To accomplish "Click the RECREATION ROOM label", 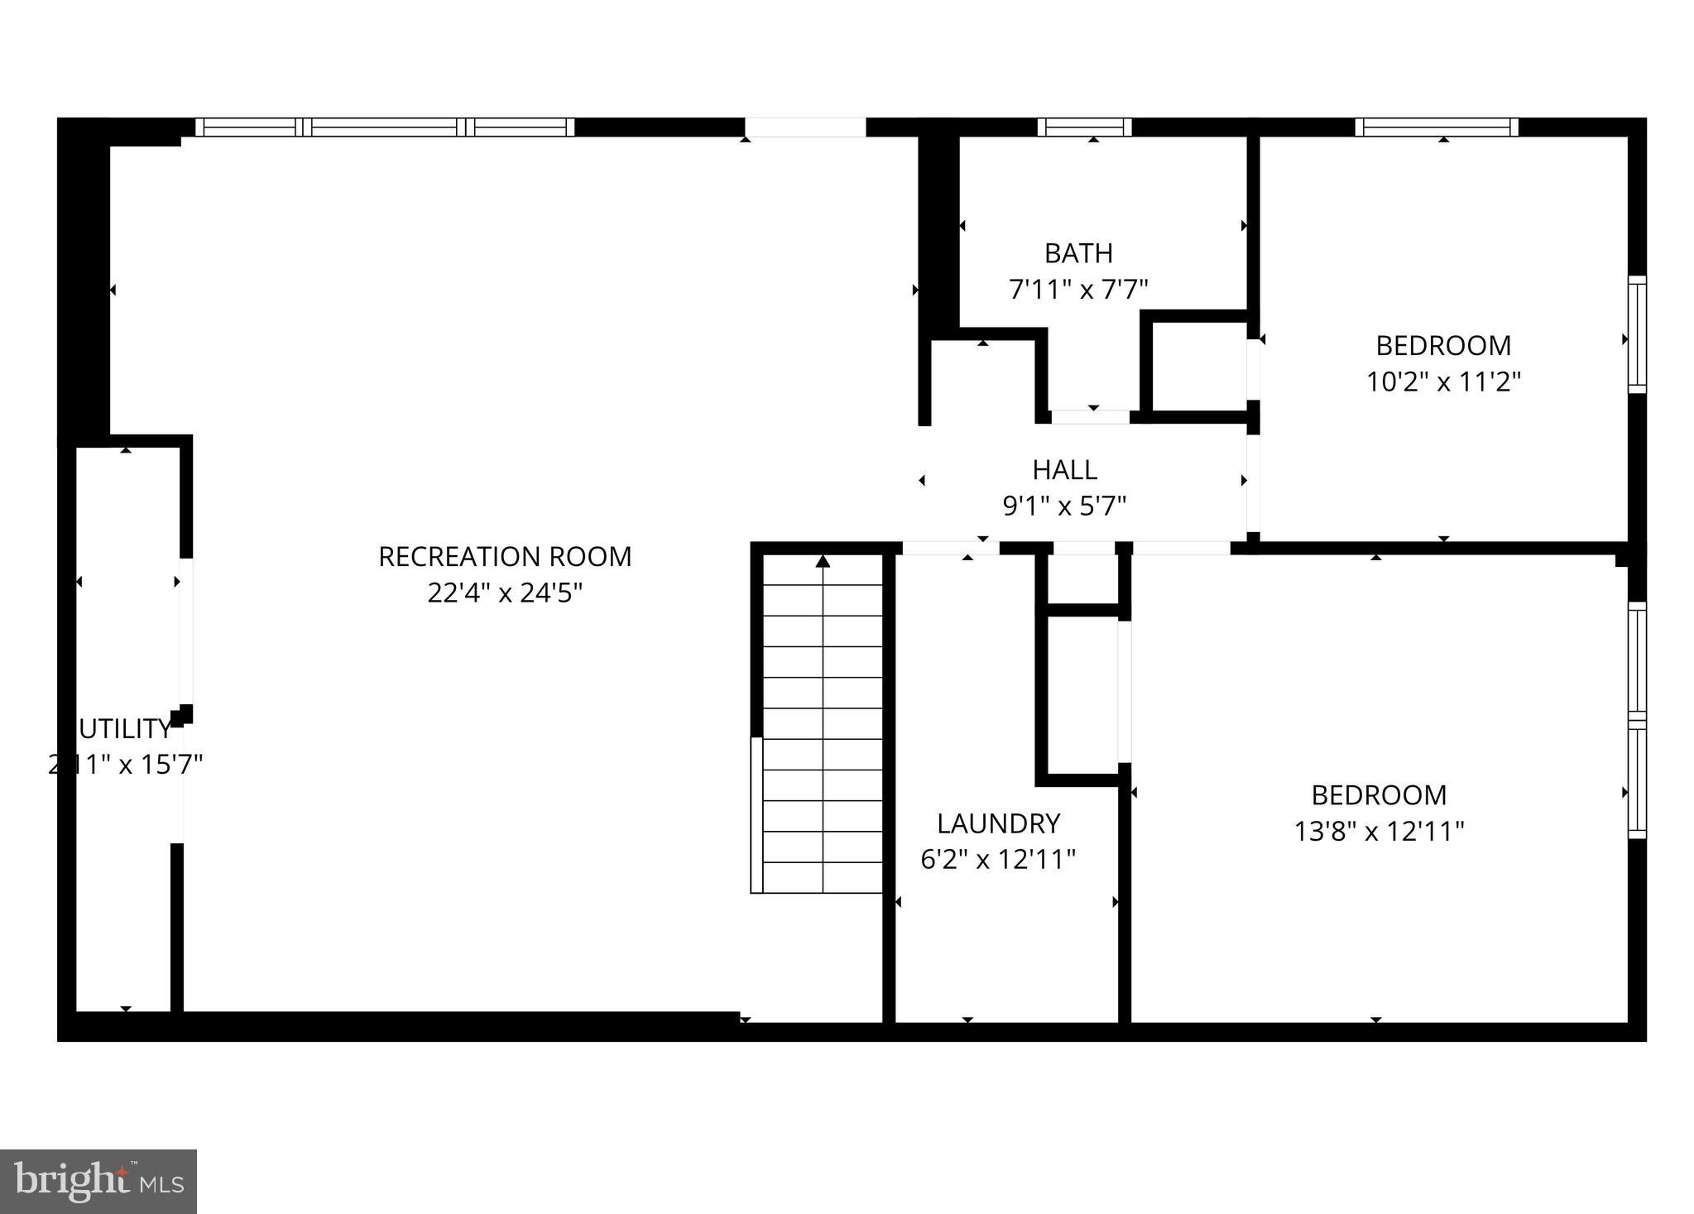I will click(505, 557).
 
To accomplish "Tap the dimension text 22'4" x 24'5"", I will click(505, 593).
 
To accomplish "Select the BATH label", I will click(1078, 253).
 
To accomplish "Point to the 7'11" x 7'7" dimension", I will click(1078, 290).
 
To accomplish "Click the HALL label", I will click(1064, 470).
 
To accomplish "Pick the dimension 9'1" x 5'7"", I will click(1064, 506).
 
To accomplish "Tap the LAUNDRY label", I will click(998, 823).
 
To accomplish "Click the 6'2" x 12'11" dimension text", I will click(998, 860).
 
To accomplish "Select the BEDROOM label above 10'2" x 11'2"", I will click(1443, 345).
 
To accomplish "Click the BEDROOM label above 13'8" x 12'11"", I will click(1379, 795).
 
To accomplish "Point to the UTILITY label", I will click(125, 729).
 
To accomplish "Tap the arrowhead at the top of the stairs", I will click(823, 562).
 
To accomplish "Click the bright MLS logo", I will click(98, 1181).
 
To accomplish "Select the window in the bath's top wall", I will click(1085, 127).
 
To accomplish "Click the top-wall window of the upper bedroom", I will click(1437, 127).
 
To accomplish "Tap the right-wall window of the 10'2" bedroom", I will click(1637, 333).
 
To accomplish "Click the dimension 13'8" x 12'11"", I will click(1379, 831).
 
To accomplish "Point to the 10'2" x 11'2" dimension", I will click(1443, 381).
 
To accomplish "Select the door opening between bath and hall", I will click(1090, 417).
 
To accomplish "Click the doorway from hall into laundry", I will click(950, 548).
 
